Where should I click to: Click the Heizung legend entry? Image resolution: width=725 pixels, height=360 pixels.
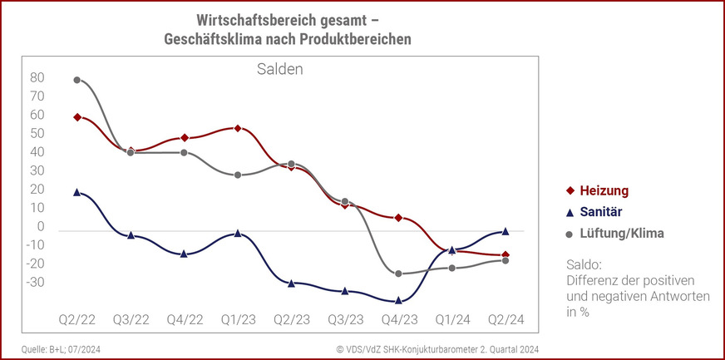point(593,190)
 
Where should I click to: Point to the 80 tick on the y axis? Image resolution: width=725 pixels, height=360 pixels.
point(37,78)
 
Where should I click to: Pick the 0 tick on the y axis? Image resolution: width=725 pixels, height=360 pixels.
point(40,227)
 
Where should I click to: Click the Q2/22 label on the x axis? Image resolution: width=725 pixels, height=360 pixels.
point(76,319)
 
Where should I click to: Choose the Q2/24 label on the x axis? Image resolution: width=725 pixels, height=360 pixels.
point(506,319)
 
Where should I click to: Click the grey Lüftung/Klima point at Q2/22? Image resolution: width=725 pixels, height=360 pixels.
point(77,80)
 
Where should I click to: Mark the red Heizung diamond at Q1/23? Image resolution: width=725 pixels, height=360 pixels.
point(238,128)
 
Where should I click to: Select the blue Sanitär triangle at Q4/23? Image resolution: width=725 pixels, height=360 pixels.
point(398,300)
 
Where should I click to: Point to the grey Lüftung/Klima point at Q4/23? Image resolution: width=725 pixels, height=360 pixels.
point(398,274)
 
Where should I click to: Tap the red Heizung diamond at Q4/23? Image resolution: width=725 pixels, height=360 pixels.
point(398,218)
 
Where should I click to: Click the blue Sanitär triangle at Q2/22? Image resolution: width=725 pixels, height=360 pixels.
point(77,192)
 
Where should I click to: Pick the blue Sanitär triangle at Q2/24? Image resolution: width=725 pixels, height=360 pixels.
point(506,231)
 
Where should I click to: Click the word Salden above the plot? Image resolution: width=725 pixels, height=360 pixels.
point(279,69)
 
